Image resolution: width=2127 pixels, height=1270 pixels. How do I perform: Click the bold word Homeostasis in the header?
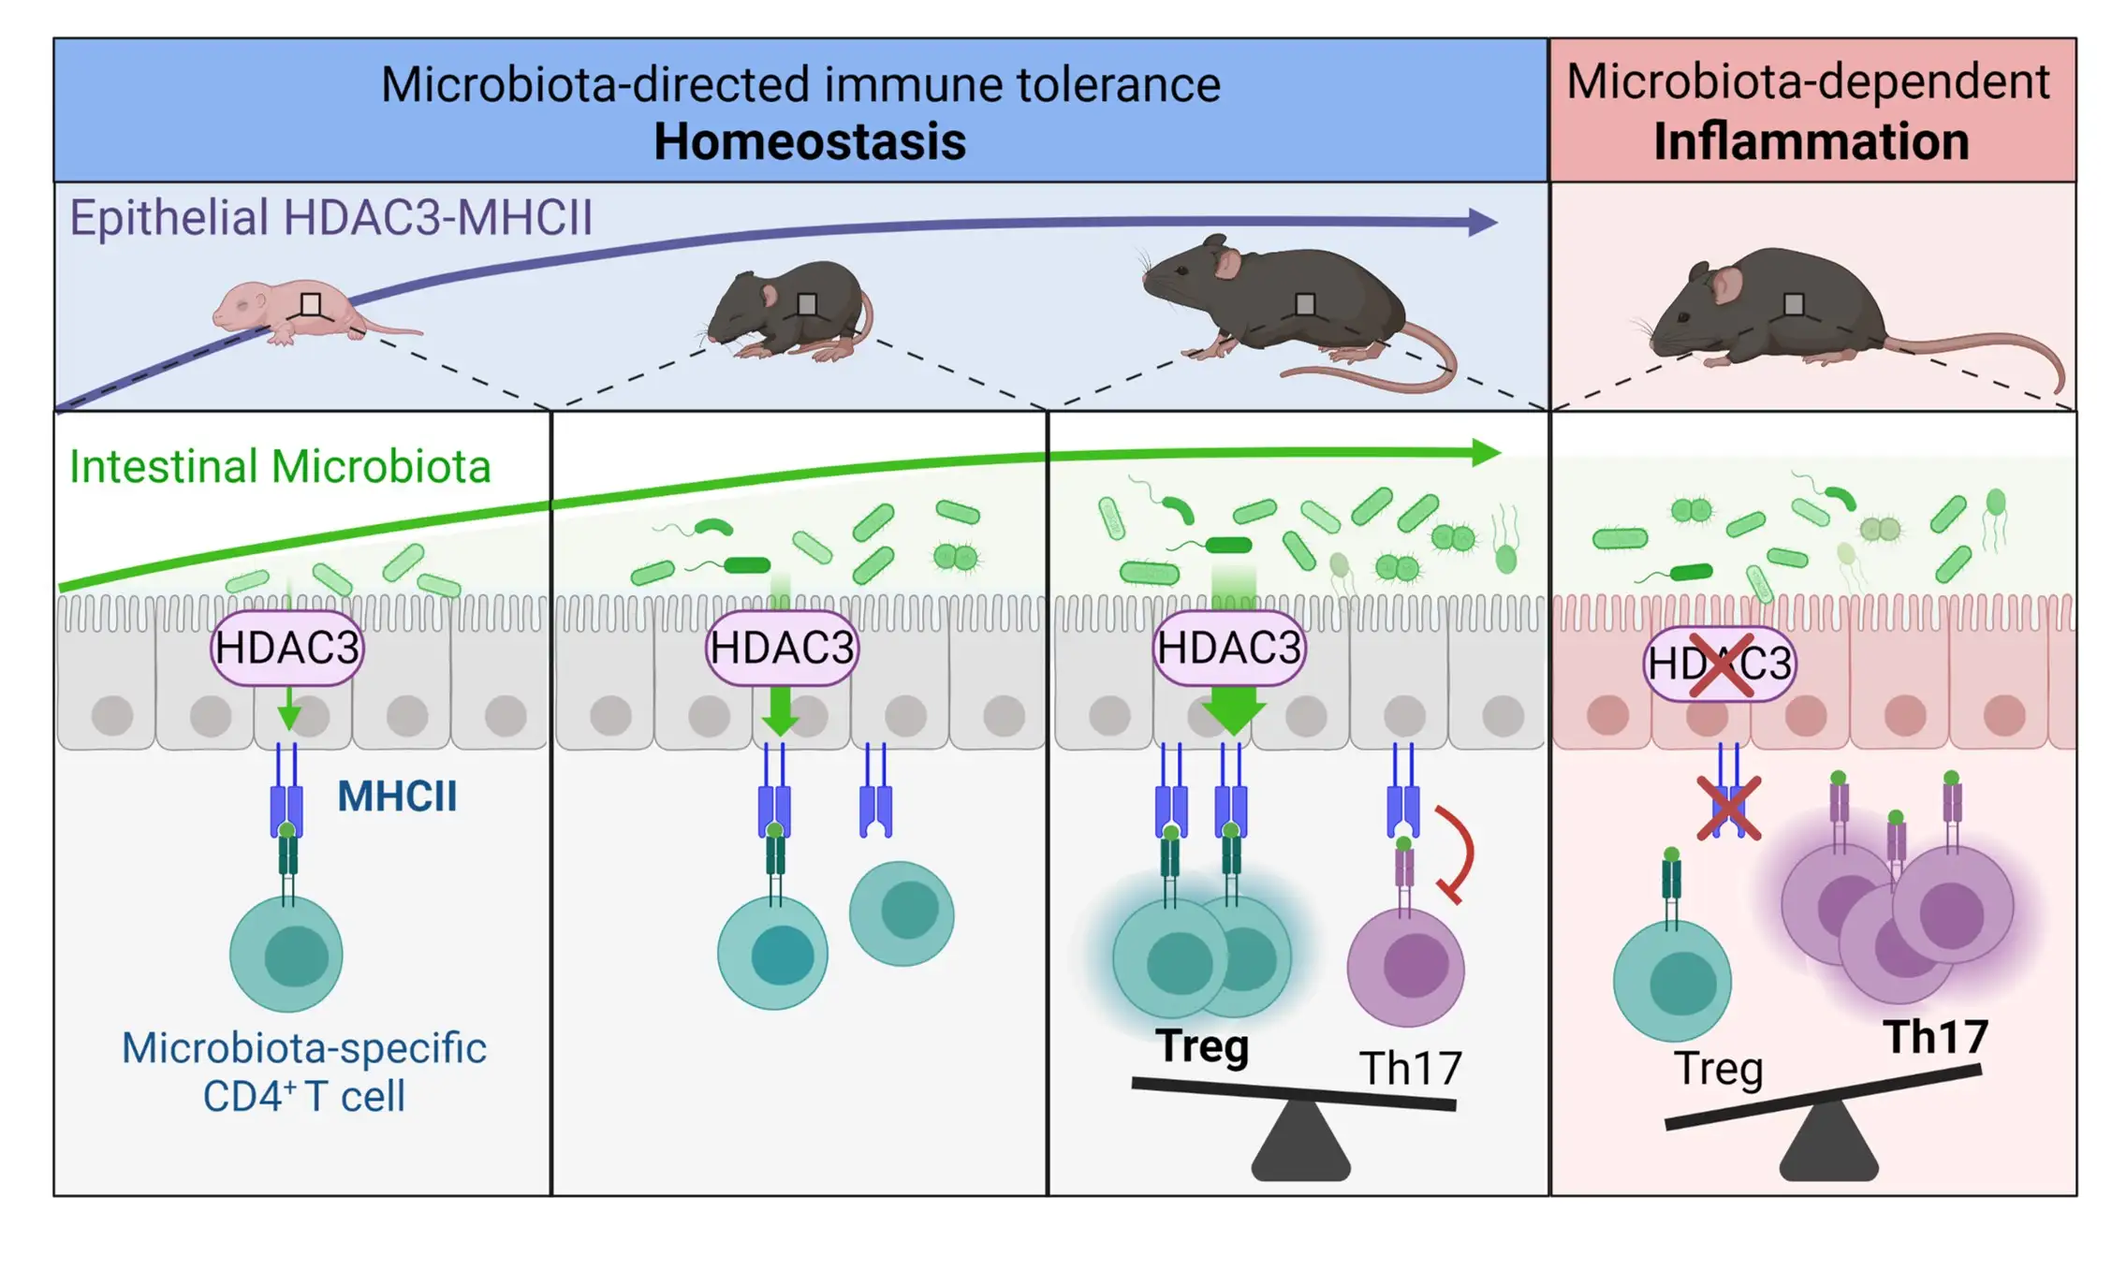pyautogui.click(x=809, y=142)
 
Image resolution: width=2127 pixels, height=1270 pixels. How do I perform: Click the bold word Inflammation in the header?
pyautogui.click(x=1811, y=142)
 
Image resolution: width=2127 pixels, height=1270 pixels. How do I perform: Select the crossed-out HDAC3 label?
pyautogui.click(x=1720, y=664)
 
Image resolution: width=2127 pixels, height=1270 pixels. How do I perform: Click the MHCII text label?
pyautogui.click(x=397, y=796)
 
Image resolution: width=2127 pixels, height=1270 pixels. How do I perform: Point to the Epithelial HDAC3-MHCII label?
pyautogui.click(x=331, y=218)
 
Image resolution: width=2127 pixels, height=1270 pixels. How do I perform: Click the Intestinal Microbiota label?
pyautogui.click(x=280, y=466)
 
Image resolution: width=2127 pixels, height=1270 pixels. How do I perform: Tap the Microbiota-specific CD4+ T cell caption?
pyautogui.click(x=304, y=1072)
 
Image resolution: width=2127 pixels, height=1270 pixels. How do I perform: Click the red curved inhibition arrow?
pyautogui.click(x=1457, y=852)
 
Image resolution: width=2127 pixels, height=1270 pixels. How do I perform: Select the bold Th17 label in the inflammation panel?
pyautogui.click(x=1935, y=1037)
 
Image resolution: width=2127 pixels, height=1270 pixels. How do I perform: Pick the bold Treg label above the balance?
pyautogui.click(x=1202, y=1046)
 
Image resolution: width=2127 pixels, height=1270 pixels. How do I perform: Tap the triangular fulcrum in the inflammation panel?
pyautogui.click(x=1827, y=1144)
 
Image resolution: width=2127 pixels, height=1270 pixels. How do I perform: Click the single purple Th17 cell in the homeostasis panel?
pyautogui.click(x=1405, y=966)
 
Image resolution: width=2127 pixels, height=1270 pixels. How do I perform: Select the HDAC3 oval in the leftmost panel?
pyautogui.click(x=286, y=648)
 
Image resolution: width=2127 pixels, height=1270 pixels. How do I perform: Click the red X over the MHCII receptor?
pyautogui.click(x=1728, y=808)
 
